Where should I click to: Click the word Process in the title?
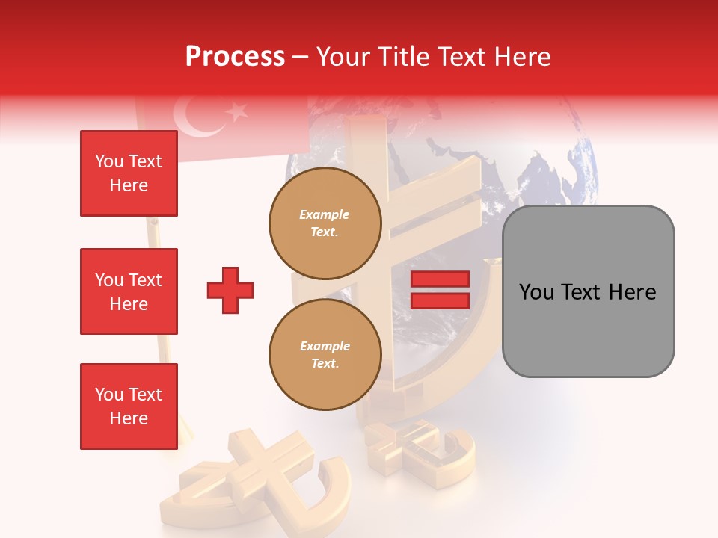click(235, 57)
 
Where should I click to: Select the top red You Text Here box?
click(129, 173)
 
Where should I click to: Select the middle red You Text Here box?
click(129, 291)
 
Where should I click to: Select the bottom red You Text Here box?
click(129, 406)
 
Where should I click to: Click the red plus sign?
click(230, 290)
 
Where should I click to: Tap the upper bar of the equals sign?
click(440, 279)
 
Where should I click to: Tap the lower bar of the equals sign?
click(440, 300)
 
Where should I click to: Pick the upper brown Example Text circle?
click(325, 223)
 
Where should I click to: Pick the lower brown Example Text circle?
click(325, 355)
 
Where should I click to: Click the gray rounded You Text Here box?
click(588, 291)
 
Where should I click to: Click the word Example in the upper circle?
click(324, 214)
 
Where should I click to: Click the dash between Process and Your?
click(301, 58)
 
